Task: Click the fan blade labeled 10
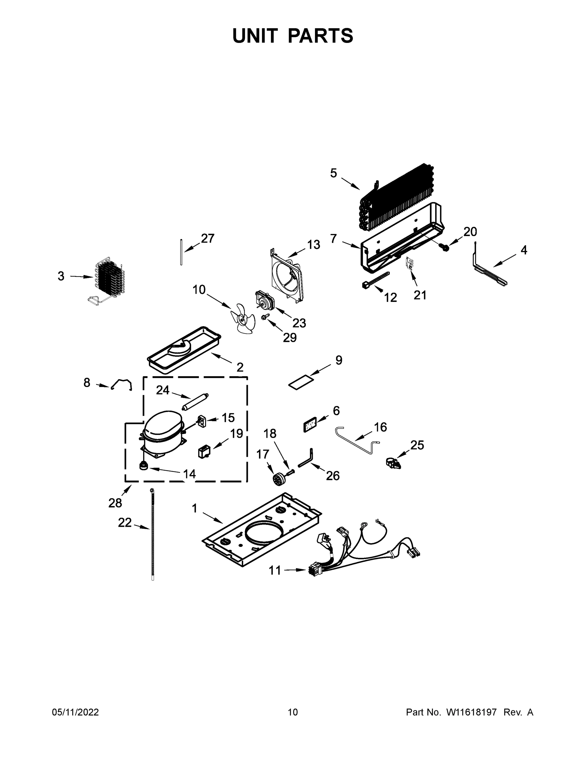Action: (x=243, y=318)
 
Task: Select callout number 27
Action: (x=208, y=238)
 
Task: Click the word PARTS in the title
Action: (x=321, y=36)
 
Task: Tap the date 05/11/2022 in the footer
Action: (x=75, y=712)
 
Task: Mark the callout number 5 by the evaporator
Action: (x=333, y=173)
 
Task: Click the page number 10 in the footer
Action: (x=293, y=712)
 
